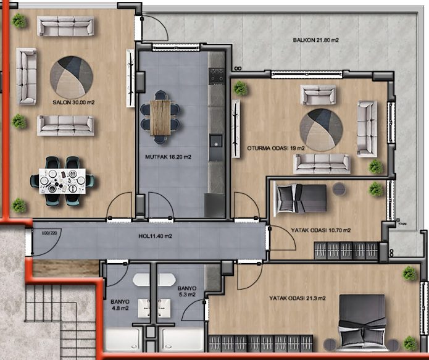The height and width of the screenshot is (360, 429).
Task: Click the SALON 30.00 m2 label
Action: pyautogui.click(x=73, y=103)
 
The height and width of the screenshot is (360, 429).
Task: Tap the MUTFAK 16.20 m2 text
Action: pyautogui.click(x=168, y=157)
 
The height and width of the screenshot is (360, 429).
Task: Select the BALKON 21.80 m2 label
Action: pyautogui.click(x=315, y=40)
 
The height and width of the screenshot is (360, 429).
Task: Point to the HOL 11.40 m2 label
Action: pyautogui.click(x=155, y=236)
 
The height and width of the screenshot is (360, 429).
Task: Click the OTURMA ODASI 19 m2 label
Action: pyautogui.click(x=276, y=148)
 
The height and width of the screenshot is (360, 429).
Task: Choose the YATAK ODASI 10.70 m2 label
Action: pyautogui.click(x=320, y=230)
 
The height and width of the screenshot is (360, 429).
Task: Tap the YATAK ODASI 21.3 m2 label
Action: pyautogui.click(x=298, y=298)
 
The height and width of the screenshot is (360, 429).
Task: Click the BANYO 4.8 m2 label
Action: pyautogui.click(x=120, y=305)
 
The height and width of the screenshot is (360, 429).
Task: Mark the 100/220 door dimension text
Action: pyautogui.click(x=49, y=233)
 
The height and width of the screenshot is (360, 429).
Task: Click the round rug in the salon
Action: pyautogui.click(x=72, y=78)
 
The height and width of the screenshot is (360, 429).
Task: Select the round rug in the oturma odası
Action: pyautogui.click(x=321, y=130)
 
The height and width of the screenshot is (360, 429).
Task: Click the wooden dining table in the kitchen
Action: pyautogui.click(x=160, y=117)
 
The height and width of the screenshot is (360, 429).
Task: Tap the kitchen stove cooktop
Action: pyautogui.click(x=216, y=77)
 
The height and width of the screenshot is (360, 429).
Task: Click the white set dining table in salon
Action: pyautogui.click(x=62, y=181)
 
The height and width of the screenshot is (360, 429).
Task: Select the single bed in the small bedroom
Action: pyautogui.click(x=300, y=198)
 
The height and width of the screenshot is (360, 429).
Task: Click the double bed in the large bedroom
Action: pyautogui.click(x=362, y=322)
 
